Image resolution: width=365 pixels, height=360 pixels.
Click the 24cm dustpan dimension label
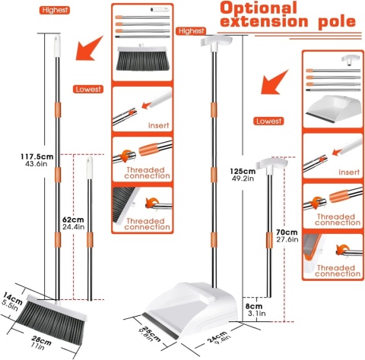pos(217,336)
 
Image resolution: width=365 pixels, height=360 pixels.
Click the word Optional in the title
pos(259,8)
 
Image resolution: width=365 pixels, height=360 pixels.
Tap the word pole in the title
pos(337,21)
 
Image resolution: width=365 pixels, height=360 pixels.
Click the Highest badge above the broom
pos(55,10)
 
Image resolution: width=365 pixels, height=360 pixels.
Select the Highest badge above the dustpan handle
pos(191,31)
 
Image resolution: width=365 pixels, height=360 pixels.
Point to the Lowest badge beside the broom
pos(88,89)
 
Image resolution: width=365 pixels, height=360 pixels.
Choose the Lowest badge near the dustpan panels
pos(268,121)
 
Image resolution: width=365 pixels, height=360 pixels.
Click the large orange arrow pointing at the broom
pos(89,49)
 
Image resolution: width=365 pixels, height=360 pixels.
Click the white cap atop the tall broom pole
pos(57,46)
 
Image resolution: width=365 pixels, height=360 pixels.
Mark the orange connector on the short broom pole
pos(90,240)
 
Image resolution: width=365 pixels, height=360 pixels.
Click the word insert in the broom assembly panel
pos(159,125)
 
